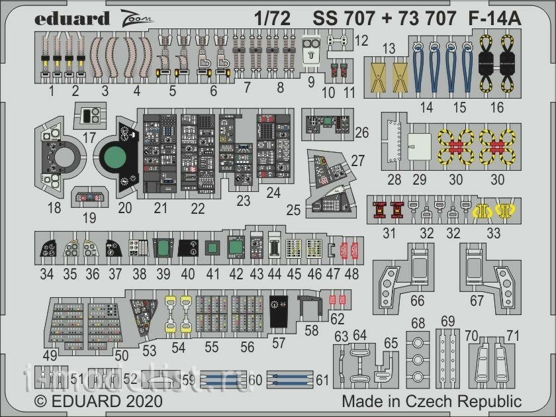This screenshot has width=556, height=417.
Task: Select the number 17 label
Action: click(89, 138)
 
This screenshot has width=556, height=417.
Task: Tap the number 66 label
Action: click(417, 301)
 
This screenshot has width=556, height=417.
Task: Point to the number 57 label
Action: click(278, 344)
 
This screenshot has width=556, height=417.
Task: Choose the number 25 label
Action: click(294, 211)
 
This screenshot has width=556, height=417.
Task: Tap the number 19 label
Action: click(89, 217)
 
